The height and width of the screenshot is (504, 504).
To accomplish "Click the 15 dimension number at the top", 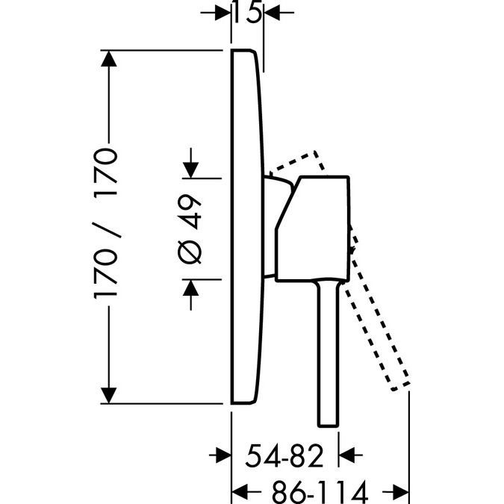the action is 247,12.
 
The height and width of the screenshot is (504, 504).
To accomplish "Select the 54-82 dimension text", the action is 284,455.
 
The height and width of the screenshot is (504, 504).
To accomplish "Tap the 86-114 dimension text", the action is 320,492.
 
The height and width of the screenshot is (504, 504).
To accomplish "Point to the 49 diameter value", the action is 190,211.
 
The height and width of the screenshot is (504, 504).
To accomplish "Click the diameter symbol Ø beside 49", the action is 190,252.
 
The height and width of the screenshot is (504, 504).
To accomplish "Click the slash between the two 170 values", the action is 107,230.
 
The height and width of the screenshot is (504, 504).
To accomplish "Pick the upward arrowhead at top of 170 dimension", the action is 109,58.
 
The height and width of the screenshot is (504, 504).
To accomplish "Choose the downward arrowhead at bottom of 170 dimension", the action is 109,395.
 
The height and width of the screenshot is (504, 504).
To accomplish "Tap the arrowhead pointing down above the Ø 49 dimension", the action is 190,170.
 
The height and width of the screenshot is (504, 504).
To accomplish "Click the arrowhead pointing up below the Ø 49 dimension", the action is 190,287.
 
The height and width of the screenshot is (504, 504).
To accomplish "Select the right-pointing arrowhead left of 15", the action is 223,13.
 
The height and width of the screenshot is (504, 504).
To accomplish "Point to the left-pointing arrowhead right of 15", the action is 272,13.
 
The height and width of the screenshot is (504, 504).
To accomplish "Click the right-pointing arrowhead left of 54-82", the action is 223,455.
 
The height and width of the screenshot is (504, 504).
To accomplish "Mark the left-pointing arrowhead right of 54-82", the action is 346,455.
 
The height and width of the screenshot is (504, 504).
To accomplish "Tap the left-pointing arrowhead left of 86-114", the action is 240,492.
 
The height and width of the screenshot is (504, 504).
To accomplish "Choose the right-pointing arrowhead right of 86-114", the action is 401,492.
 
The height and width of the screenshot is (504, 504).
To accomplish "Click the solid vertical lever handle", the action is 329,354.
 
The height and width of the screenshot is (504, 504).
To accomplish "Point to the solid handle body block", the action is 312,229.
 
